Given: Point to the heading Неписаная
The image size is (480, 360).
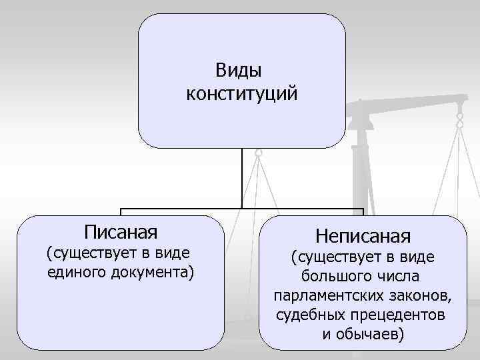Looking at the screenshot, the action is [x=363, y=235].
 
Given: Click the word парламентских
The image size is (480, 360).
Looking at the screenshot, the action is [x=325, y=295].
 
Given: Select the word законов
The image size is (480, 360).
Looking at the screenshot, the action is [x=419, y=295].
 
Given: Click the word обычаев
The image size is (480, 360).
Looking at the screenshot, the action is [x=371, y=333].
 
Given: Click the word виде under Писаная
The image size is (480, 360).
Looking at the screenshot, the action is [x=173, y=253].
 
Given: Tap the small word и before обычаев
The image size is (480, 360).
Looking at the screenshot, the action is [x=325, y=333].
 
